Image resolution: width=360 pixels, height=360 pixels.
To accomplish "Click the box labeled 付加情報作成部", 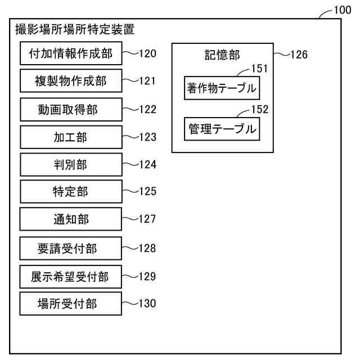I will tap(70, 54).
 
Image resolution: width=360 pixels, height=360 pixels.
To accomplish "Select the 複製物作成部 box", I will tap(70, 82).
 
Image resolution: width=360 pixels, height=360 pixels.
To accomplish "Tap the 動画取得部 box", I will tap(70, 110).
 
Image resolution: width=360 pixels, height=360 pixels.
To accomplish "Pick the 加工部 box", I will tap(70, 137).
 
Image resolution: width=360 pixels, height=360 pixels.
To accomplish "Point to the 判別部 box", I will tap(70, 165).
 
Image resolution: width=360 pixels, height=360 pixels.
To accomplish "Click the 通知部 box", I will tap(70, 219).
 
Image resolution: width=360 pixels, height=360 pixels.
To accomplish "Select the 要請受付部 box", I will tap(70, 248).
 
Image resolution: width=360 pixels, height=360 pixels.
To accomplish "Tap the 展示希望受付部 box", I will tap(70, 277).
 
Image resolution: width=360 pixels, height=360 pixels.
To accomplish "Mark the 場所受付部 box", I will tap(70, 304).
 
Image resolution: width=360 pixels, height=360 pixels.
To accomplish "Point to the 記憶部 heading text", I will tap(222, 55).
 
